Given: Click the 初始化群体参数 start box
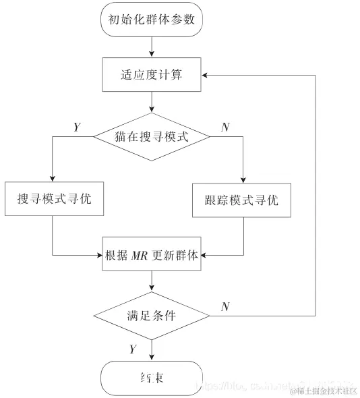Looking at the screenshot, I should tap(152, 20).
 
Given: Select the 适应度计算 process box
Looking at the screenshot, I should tap(152, 74).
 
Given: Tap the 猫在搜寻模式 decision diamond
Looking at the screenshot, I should tap(152, 136).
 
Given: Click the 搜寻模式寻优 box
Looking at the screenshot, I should tap(54, 200).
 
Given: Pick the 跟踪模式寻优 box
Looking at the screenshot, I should tap(241, 200).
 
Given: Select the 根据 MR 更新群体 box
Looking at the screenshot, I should tap(152, 254).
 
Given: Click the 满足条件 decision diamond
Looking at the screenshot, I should tap(152, 315).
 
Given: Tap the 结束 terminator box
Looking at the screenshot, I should tap(152, 378).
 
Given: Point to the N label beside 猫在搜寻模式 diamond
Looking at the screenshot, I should tap(224, 127).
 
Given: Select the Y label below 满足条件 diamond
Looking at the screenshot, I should tap(132, 349).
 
